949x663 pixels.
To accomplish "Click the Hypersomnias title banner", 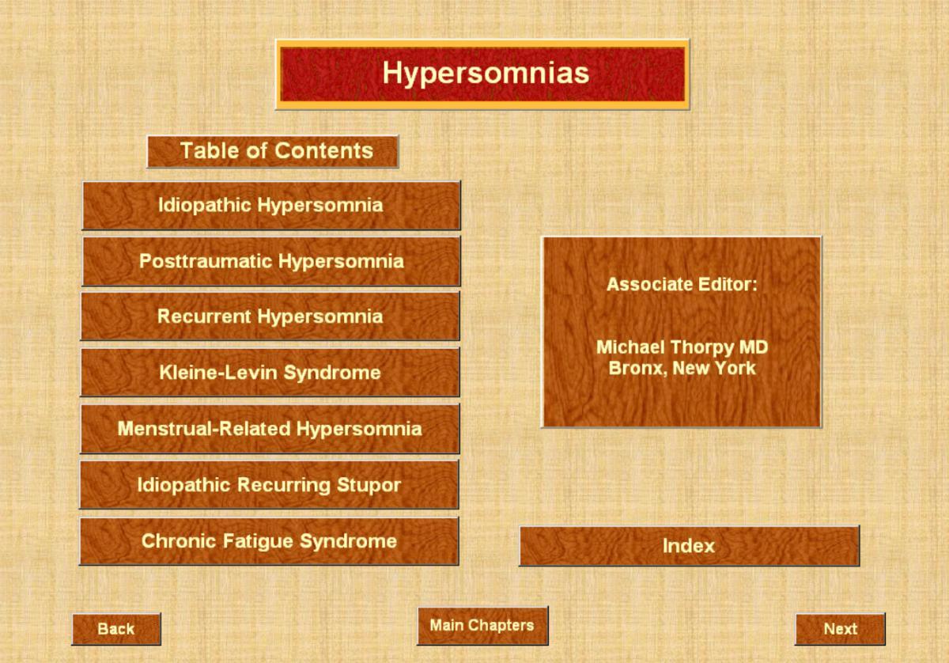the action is tap(482, 74).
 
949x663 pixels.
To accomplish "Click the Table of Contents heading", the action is tap(273, 151).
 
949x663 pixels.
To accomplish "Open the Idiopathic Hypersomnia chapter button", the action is tap(271, 206).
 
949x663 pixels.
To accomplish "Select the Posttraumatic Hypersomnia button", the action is tap(271, 261).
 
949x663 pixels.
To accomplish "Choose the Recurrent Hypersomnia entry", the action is tap(270, 316).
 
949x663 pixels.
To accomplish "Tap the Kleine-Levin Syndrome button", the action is tap(270, 373).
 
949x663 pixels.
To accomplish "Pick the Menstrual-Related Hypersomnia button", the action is tap(270, 429).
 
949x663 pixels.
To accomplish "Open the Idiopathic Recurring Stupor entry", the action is tap(269, 484).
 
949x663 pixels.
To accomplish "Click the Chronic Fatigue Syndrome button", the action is tap(269, 541).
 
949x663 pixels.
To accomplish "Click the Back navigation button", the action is tap(116, 629).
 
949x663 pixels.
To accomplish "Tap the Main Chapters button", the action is tap(482, 626).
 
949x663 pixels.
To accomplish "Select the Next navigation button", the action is tap(840, 629).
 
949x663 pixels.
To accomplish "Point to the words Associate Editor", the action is tap(682, 285).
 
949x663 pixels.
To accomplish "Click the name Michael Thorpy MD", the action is tap(682, 347).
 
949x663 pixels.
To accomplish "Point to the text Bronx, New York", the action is tap(682, 368).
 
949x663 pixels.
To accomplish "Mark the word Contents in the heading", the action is tap(324, 150).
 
